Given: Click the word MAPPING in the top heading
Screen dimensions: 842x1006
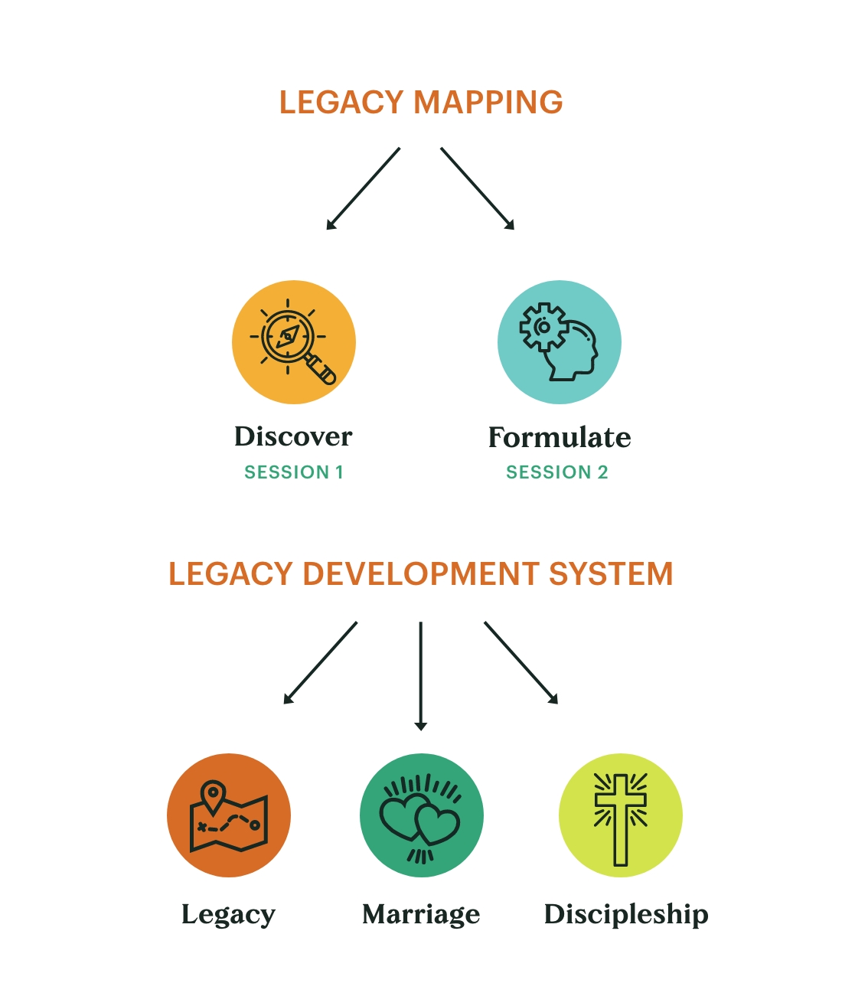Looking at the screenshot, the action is tap(488, 102).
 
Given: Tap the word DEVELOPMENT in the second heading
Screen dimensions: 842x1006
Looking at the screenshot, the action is tap(420, 574).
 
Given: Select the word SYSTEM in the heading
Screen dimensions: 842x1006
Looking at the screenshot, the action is tap(610, 574).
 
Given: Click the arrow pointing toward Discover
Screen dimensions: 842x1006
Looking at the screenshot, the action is tap(363, 188).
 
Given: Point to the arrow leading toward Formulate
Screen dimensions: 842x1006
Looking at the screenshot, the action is tap(478, 188).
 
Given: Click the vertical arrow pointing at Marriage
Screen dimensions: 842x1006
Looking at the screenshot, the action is tap(420, 676).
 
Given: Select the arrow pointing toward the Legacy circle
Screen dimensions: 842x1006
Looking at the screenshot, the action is tap(320, 663).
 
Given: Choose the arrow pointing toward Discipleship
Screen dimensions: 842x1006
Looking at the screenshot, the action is tap(521, 663).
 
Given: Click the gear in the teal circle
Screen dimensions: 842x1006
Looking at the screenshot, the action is tap(543, 327).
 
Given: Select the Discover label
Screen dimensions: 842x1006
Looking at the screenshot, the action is tap(293, 436).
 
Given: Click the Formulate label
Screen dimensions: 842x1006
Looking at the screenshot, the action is tap(560, 437).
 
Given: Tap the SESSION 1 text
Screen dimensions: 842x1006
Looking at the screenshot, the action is tap(294, 472).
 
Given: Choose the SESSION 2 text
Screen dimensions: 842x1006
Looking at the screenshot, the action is tap(556, 472).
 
